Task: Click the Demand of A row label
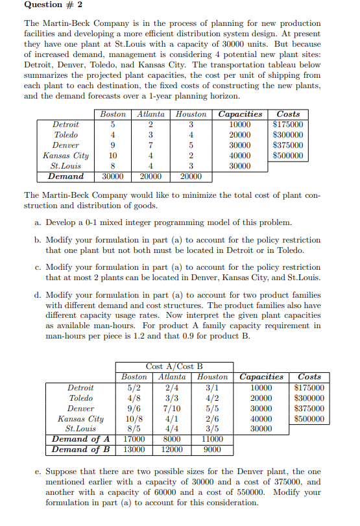[80, 439]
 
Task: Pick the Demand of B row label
[80, 449]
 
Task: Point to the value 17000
[134, 439]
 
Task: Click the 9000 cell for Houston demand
[212, 449]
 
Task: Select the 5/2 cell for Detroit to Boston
[134, 388]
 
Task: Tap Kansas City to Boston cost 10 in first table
[113, 155]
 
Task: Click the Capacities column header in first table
[240, 114]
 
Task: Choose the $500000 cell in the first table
[288, 155]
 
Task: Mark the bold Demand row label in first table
[66, 176]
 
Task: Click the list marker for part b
[37, 239]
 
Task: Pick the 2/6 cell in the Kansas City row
[212, 418]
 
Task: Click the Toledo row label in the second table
[81, 398]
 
